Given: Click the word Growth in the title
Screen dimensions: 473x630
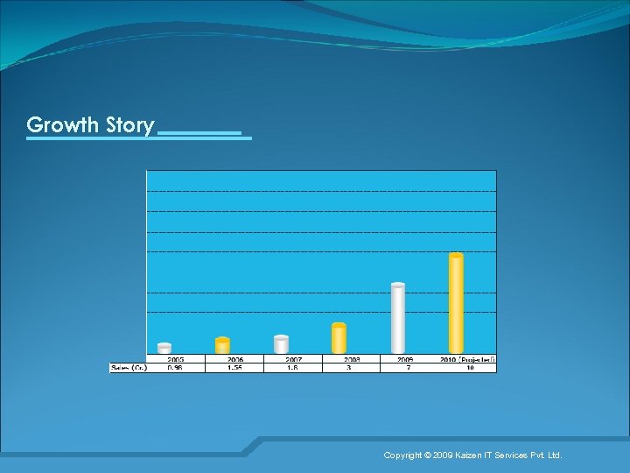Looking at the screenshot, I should coord(63,125).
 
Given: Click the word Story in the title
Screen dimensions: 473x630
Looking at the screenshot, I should coord(129,125).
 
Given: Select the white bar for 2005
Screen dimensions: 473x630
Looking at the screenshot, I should coord(164,348).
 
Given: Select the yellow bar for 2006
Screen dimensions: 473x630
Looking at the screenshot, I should coord(222,345).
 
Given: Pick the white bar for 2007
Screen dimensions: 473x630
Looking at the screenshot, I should coord(281,344).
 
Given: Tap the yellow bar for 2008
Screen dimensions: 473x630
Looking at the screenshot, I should coord(339,338).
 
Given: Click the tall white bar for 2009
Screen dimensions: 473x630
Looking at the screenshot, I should coord(398,318).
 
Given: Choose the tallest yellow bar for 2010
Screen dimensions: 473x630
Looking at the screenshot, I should coord(456,303).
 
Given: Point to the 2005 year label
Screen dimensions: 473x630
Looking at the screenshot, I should coord(176,359).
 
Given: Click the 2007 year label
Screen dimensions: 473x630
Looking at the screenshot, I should coord(293,359).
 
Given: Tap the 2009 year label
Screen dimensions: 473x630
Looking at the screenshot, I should coord(405,359).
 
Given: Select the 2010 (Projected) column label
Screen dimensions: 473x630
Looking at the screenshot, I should coord(467,359).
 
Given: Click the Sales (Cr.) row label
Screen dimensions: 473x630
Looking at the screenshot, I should coord(129,368).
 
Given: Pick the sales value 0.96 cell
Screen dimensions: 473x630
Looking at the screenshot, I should coord(176,368).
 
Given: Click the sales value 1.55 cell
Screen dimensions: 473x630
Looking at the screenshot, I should coord(235,368).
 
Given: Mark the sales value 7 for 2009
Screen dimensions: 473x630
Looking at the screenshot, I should coord(405,368).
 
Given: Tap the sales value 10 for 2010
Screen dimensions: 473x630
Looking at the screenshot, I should coord(469,368).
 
